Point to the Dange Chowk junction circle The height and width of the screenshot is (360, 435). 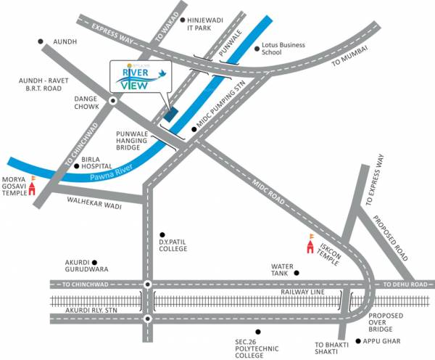click(114, 101)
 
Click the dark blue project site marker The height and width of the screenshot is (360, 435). click(170, 113)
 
